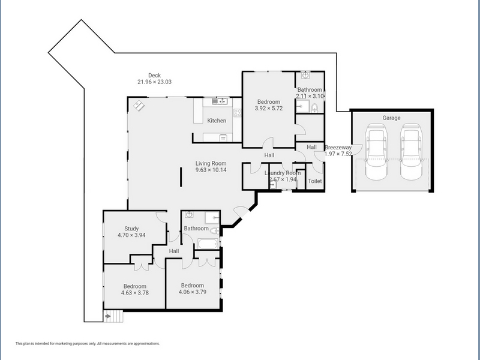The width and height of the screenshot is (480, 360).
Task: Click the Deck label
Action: (154, 76)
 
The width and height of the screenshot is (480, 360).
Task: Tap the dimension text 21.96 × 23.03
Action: (154, 82)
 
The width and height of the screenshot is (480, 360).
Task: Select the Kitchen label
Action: (217, 121)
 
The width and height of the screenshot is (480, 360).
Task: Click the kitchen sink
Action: (220, 101)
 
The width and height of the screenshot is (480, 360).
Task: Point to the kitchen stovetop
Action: (238, 113)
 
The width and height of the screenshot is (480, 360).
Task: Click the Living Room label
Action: (211, 163)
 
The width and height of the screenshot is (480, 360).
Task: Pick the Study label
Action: (131, 229)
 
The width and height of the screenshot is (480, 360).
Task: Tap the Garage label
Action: (391, 118)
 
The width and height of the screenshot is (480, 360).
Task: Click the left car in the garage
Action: (376, 152)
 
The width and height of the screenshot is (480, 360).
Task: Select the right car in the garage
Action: (412, 152)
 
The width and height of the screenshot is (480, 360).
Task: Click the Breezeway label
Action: (338, 148)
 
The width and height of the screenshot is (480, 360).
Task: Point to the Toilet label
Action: (314, 181)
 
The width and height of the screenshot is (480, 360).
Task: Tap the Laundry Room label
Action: (283, 173)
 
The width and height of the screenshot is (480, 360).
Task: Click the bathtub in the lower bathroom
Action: (208, 244)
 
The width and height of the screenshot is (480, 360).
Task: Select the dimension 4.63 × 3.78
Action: (134, 293)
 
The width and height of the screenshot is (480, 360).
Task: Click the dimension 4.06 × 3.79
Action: (193, 292)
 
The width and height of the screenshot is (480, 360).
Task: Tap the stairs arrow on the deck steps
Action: (107, 316)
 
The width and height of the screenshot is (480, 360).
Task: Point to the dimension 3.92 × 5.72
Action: (269, 108)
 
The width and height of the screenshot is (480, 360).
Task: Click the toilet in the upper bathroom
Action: (314, 108)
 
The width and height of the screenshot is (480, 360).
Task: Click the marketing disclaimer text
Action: (88, 343)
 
